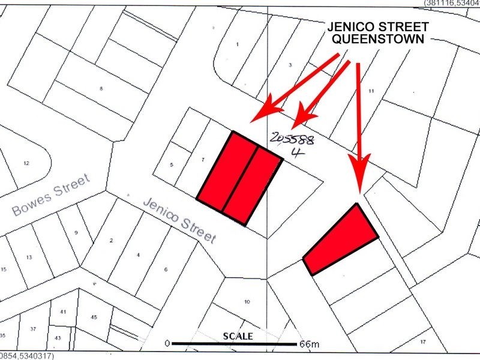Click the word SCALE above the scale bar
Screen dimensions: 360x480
238,335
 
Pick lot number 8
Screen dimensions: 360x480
101,89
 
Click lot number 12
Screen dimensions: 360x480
26,163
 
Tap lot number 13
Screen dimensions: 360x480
29,257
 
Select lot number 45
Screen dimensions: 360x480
94,317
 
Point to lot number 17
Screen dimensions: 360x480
422,341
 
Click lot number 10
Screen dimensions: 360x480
247,301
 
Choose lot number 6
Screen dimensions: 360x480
166,269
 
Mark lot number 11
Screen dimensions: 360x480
371,91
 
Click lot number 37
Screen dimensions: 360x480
33,329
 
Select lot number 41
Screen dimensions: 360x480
62,312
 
